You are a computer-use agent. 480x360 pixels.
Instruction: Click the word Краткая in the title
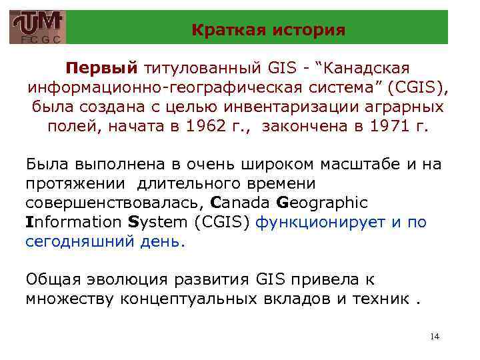222,30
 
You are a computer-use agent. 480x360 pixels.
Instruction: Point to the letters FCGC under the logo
38,40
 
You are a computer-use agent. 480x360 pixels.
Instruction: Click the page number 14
435,337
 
